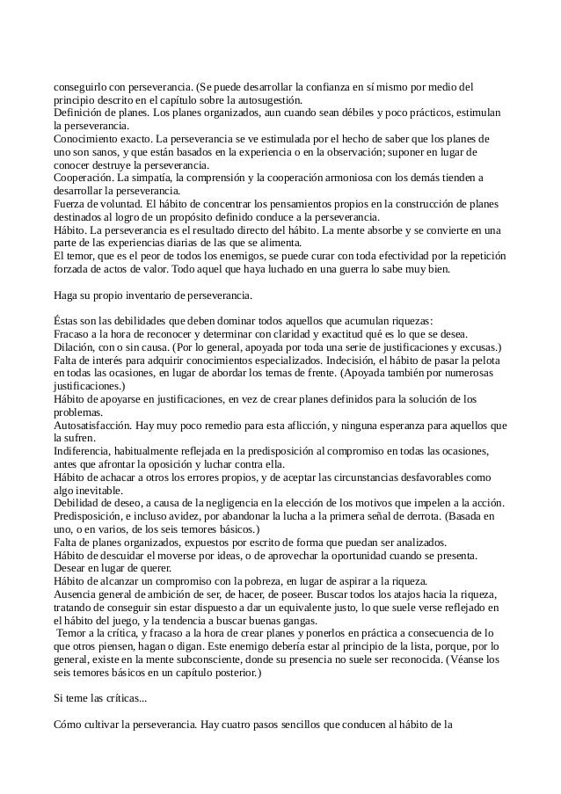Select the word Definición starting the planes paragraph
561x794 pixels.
[80, 113]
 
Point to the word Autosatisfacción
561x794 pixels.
[95, 425]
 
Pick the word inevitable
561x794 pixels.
[110, 490]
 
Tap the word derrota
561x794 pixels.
[426, 516]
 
